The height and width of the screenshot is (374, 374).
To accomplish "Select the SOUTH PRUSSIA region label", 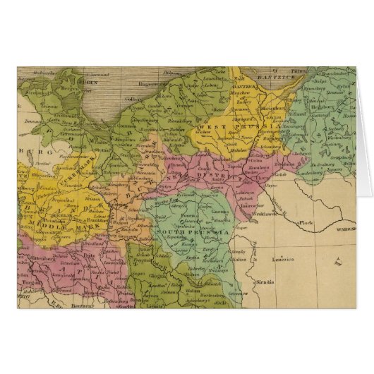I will [x=193, y=231].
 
